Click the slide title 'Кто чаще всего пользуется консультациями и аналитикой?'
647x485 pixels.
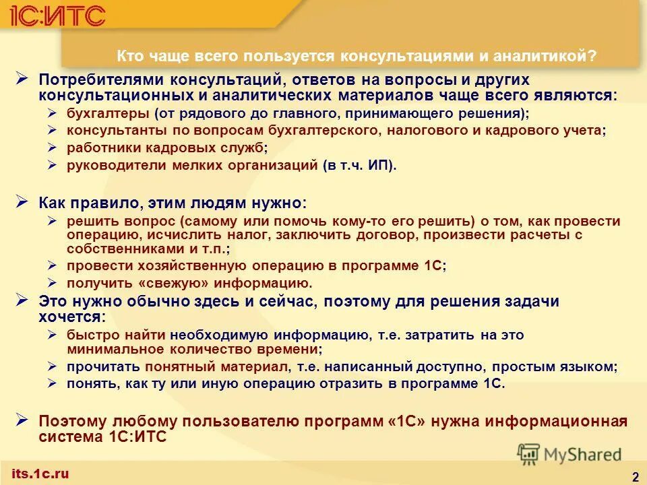click(x=357, y=57)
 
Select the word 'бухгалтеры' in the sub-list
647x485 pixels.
click(x=107, y=113)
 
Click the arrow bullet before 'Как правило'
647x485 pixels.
click(x=22, y=201)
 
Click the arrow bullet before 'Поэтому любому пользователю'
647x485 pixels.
click(x=22, y=420)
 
